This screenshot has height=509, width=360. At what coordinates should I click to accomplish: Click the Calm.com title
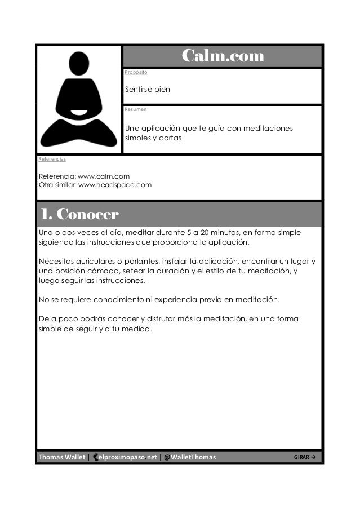222,56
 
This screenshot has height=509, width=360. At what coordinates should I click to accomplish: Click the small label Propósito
136,73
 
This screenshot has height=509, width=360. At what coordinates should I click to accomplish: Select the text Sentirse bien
147,90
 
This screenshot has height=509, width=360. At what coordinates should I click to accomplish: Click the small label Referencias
52,159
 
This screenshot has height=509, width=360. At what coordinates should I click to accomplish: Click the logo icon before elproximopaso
95,457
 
